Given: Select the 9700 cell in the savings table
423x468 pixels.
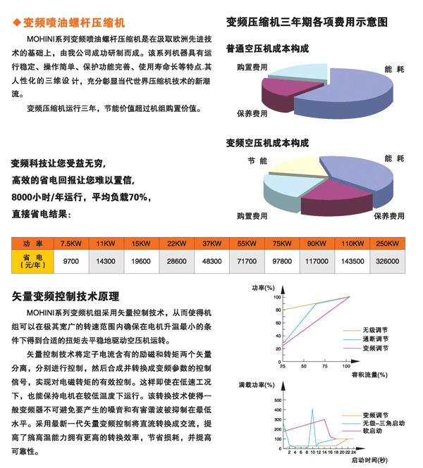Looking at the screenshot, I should [71, 261].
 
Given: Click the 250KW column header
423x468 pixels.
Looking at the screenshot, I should [387, 244].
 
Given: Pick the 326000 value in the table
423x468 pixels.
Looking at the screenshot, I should [387, 261].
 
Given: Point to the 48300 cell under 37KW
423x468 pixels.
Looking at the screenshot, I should [211, 261].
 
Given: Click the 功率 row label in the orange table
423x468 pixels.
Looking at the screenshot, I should [32, 244].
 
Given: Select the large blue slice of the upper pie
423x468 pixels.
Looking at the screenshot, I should [345, 95].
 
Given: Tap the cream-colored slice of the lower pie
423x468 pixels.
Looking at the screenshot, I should [297, 167].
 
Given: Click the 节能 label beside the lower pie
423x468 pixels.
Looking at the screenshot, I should [257, 161].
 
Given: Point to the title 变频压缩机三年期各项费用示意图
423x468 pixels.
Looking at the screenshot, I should [307, 23].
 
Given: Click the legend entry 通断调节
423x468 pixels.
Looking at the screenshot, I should [375, 339].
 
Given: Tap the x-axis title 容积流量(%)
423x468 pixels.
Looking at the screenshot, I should [369, 375].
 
